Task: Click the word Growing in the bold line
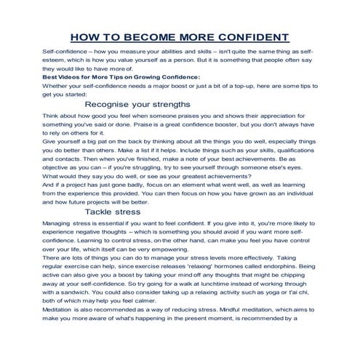tap(140, 76)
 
